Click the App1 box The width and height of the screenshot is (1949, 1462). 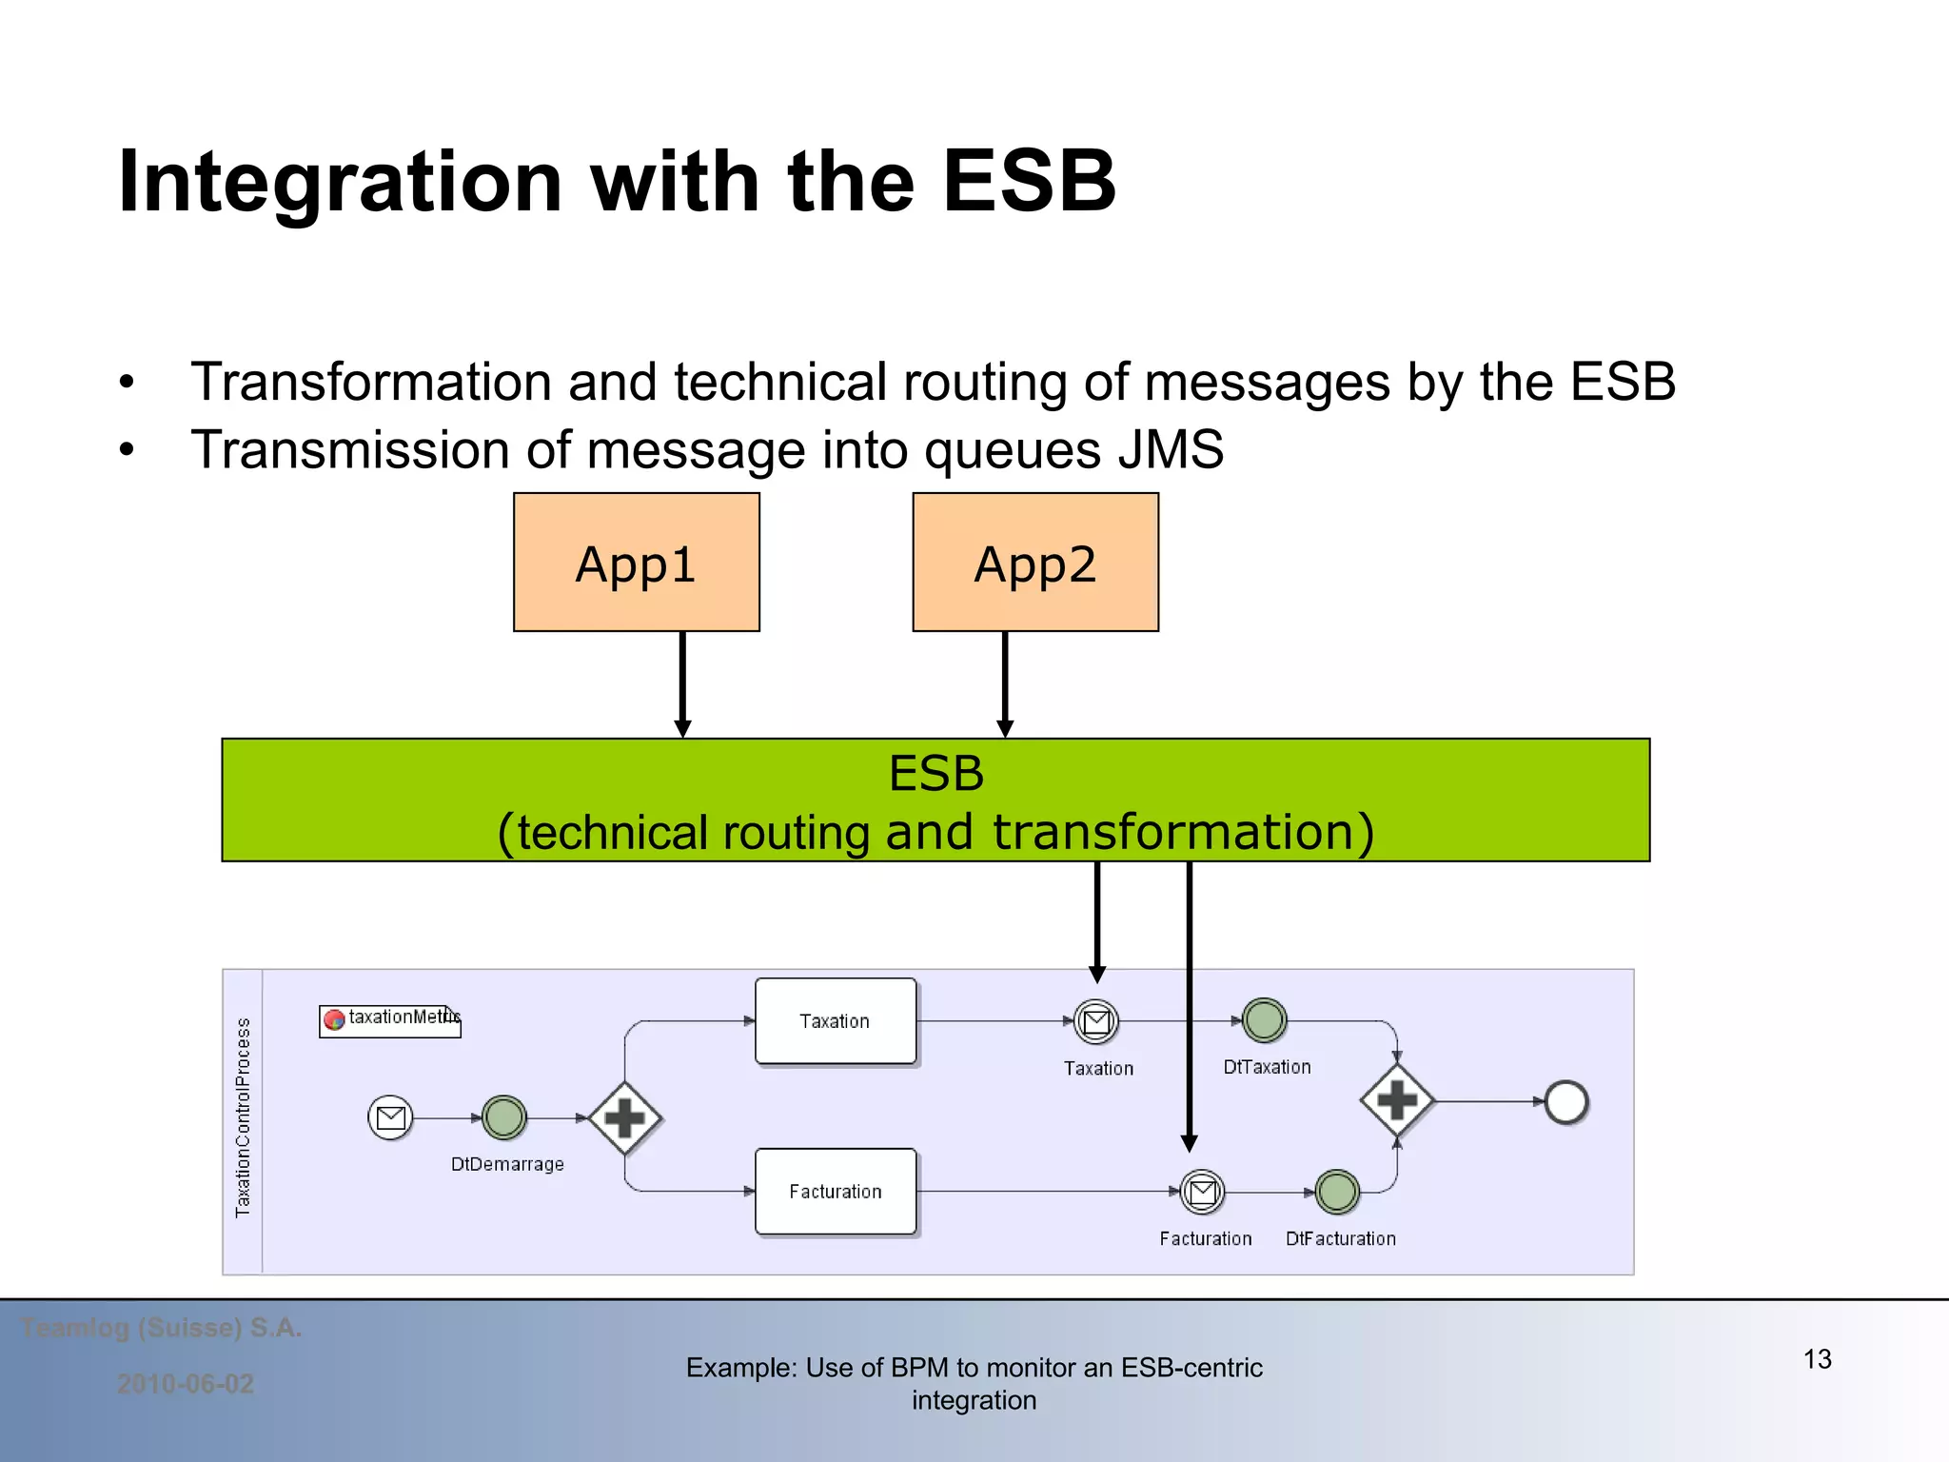[x=636, y=562]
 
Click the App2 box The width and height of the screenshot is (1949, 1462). [x=1035, y=562]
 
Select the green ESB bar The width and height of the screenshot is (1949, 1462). [x=935, y=800]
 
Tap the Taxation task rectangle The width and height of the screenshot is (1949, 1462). [x=836, y=1021]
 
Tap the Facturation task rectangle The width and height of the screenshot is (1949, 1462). [x=836, y=1192]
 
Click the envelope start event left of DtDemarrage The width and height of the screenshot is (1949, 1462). [x=390, y=1118]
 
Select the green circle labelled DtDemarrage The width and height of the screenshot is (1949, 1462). [x=503, y=1118]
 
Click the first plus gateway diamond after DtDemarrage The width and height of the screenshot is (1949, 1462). [x=624, y=1118]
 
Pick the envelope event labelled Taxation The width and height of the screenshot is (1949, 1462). [x=1096, y=1022]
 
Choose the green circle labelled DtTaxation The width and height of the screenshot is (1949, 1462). [x=1265, y=1020]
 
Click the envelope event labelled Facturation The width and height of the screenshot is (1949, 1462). [x=1203, y=1192]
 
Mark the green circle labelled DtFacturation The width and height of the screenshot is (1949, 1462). [x=1337, y=1192]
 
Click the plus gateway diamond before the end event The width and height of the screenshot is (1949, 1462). [x=1396, y=1101]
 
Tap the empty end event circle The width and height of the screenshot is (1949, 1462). [x=1566, y=1102]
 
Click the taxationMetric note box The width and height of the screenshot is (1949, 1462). [x=390, y=1020]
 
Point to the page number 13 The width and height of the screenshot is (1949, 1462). [x=1817, y=1359]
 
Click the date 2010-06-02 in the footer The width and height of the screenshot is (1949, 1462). [x=186, y=1384]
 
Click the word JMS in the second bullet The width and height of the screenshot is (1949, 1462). [x=1171, y=450]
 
